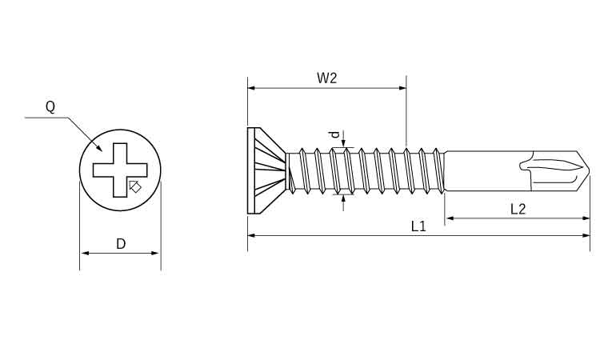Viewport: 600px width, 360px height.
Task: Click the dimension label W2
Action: [326, 78]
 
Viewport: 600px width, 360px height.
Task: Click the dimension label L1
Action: [418, 226]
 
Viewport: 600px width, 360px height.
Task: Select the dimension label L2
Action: [518, 209]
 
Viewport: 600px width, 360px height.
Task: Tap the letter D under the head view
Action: [121, 244]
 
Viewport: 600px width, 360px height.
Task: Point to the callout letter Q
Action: [50, 106]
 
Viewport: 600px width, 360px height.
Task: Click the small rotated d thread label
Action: [335, 135]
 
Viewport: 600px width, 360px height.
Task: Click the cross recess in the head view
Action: [119, 169]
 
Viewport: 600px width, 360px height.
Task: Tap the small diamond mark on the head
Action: [135, 186]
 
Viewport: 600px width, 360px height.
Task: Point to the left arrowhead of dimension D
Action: [83, 254]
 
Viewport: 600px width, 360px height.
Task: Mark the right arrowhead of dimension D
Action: [157, 254]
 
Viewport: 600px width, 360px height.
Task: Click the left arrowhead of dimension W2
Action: [251, 88]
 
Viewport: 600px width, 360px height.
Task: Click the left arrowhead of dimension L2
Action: [449, 218]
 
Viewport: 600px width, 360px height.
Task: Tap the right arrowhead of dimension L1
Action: [586, 235]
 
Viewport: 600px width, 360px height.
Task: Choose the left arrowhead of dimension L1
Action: [251, 235]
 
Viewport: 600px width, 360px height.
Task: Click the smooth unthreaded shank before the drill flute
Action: [480, 170]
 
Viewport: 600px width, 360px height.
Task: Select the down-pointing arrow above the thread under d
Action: [344, 145]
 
